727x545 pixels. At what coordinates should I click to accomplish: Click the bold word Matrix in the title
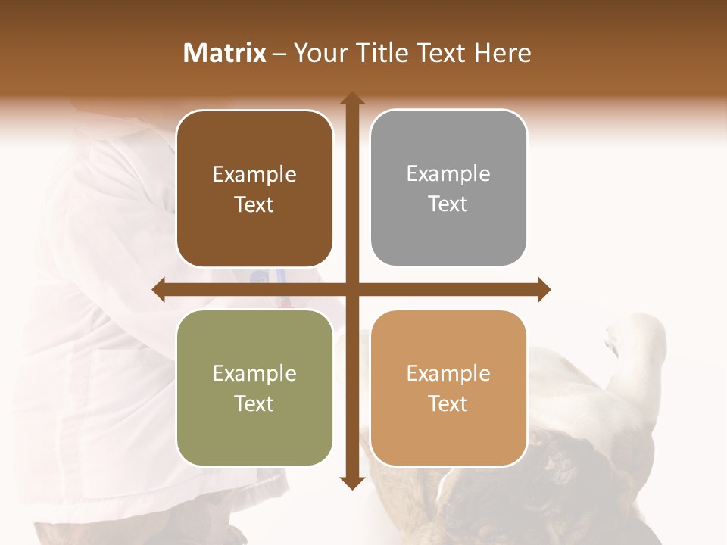225,53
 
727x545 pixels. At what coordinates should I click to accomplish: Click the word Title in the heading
377,53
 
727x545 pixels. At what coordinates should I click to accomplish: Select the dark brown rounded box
254,188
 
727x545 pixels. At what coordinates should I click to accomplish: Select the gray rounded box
448,188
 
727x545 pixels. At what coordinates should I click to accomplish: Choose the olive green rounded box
254,388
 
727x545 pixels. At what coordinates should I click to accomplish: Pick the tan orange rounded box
448,388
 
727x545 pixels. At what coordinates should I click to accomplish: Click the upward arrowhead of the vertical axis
351,98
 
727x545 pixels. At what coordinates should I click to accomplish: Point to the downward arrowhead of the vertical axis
351,482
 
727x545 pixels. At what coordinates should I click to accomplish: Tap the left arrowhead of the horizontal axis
158,290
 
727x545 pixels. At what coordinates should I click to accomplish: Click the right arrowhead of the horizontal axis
544,290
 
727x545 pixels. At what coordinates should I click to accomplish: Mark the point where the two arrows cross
351,290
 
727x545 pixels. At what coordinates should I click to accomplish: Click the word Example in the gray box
448,174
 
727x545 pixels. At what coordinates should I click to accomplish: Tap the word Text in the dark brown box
254,205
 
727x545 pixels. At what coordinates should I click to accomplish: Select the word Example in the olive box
254,373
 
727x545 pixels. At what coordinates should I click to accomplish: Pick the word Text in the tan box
448,403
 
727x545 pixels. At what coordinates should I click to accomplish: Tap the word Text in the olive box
254,403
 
